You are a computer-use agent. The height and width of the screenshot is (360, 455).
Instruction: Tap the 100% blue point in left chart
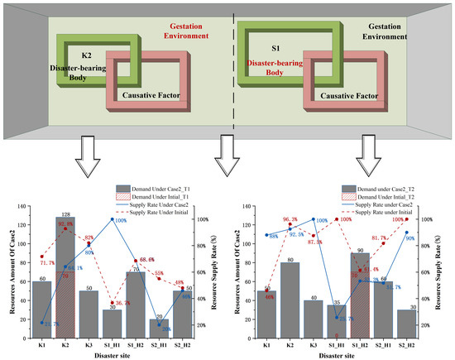(113, 218)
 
